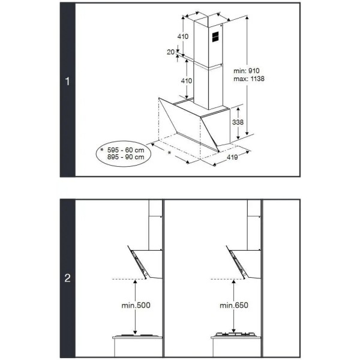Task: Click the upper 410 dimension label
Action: [x=183, y=36]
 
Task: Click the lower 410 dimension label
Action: [x=187, y=81]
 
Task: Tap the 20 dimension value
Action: [x=170, y=52]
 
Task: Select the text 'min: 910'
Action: [x=247, y=71]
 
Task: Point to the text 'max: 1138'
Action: [x=249, y=79]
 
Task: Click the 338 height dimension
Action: [x=238, y=122]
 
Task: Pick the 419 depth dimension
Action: [x=232, y=157]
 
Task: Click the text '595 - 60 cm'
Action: [x=125, y=150]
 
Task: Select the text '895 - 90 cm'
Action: [x=125, y=157]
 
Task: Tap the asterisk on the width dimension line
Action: [x=169, y=152]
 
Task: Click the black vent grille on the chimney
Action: [x=215, y=37]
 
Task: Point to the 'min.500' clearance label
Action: [x=136, y=305]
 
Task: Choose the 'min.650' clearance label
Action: [x=234, y=305]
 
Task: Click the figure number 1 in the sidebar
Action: [x=67, y=81]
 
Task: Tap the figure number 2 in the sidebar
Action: [x=67, y=278]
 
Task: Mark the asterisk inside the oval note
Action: [x=102, y=149]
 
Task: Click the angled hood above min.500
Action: [x=145, y=262]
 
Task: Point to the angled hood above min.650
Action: [x=244, y=262]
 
